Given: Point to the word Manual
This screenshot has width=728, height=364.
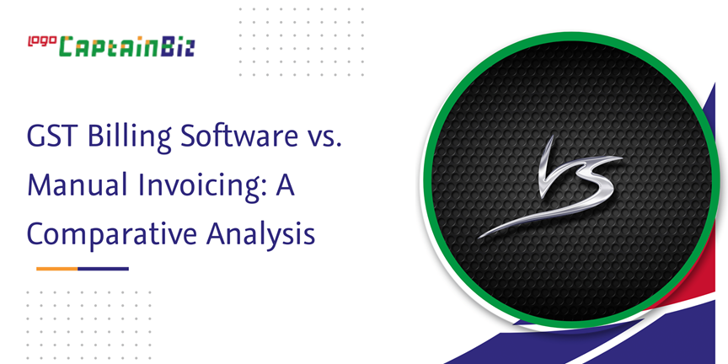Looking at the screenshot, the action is (x=77, y=184).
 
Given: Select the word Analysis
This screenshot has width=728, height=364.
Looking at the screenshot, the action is (x=261, y=233).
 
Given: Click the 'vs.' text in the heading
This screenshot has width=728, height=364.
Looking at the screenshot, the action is (x=324, y=138).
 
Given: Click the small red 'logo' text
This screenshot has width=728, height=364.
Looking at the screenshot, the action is (x=42, y=42).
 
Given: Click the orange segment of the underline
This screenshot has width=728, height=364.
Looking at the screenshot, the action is (x=56, y=269).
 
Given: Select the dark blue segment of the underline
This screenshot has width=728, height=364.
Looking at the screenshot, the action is (x=103, y=269).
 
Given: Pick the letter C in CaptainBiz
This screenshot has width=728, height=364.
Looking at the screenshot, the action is (x=67, y=47).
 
